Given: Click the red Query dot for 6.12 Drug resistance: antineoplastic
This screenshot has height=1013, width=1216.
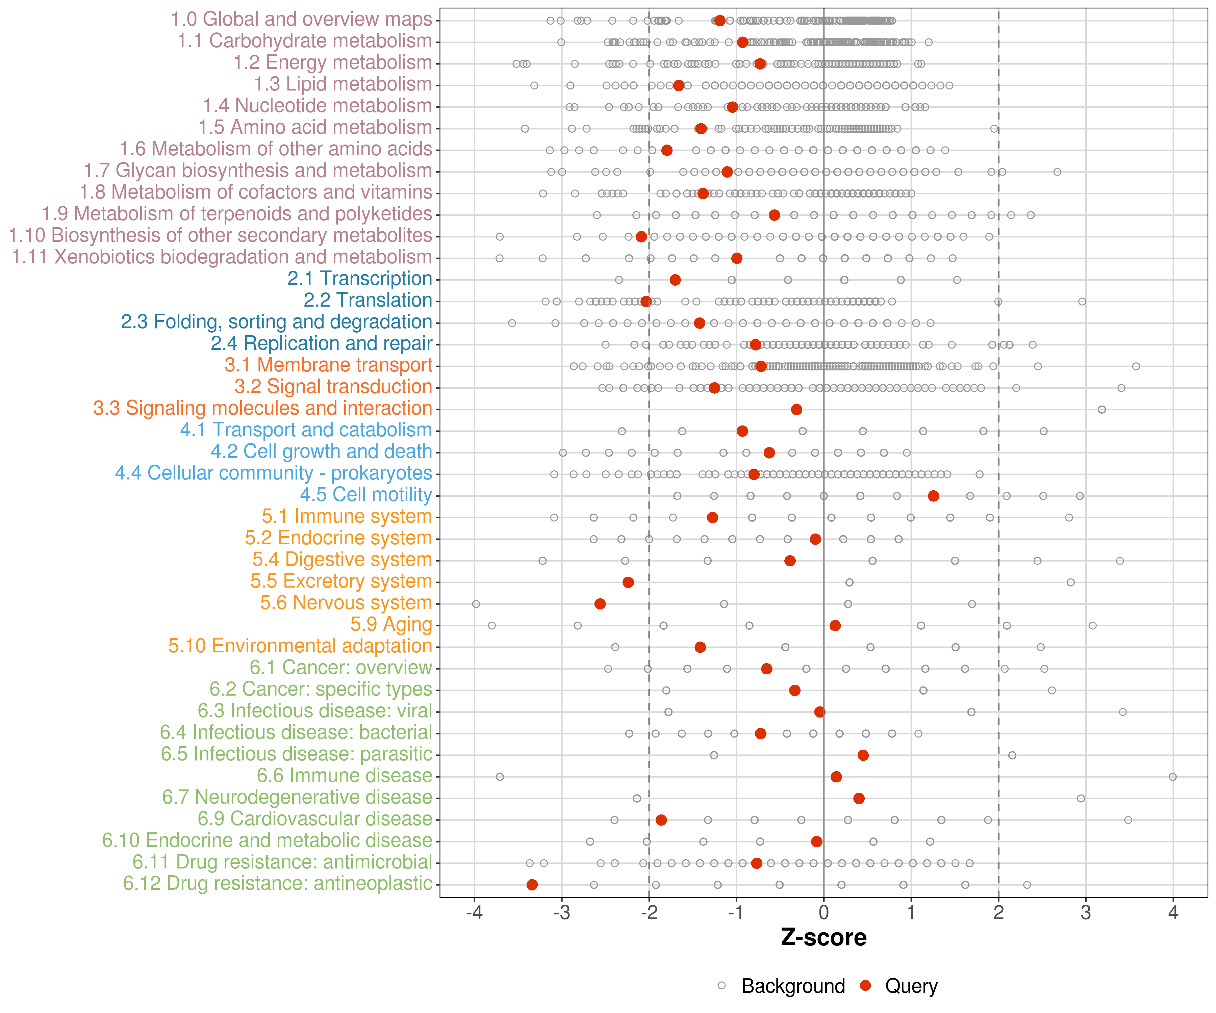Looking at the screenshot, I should tap(532, 884).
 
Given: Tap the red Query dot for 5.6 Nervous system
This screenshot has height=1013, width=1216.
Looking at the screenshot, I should tap(600, 604).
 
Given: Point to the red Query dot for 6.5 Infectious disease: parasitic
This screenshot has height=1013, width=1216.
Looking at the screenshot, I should tap(863, 755).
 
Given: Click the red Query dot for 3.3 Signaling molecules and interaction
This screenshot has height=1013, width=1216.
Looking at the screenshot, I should tap(796, 409).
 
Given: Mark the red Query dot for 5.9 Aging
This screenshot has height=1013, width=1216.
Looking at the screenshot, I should tap(835, 625).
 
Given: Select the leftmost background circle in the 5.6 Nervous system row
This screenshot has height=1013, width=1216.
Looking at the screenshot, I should tap(476, 604).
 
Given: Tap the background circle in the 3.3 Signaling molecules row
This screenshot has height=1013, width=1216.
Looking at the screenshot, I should tap(1101, 409).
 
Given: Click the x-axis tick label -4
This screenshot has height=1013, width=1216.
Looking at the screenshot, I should tap(474, 913).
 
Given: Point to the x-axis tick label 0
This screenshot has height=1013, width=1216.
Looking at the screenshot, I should tap(824, 913).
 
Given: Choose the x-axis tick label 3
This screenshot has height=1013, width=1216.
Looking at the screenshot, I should tap(1086, 913).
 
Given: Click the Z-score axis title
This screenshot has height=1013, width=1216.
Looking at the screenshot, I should tap(824, 938).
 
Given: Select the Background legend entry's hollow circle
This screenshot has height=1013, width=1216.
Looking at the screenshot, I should tap(721, 986).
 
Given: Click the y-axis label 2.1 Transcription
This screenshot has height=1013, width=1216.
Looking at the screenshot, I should tap(360, 279).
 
